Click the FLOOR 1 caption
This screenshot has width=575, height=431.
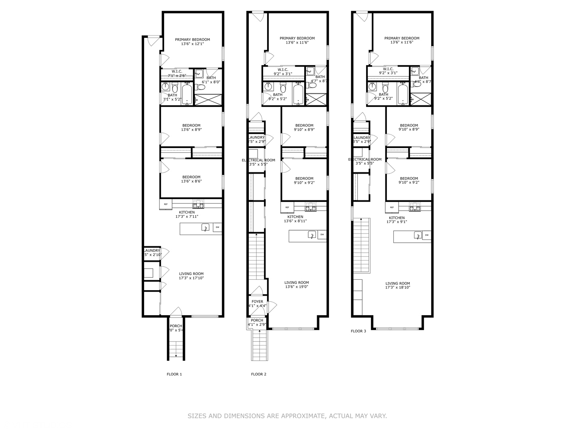tap(174, 374)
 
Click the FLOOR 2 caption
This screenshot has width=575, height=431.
tap(258, 374)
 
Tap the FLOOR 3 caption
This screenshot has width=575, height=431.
tap(358, 331)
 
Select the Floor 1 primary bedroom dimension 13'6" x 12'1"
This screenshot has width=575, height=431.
tap(192, 44)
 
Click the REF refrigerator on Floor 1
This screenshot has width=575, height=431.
tap(166, 204)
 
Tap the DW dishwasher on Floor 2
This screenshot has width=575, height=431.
tap(322, 235)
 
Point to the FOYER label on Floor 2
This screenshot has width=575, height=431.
tap(257, 302)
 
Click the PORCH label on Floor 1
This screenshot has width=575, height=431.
tap(176, 326)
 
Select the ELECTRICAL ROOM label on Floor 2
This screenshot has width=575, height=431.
tap(258, 160)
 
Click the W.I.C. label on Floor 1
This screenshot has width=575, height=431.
tap(177, 71)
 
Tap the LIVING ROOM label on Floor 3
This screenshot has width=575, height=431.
tap(398, 283)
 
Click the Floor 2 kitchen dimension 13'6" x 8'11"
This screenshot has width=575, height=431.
tap(295, 221)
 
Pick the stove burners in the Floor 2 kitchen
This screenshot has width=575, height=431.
tap(311, 207)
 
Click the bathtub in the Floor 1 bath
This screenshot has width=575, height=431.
tap(187, 94)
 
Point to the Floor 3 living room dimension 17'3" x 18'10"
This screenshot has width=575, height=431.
tap(398, 288)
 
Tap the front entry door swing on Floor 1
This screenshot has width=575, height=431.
tap(176, 312)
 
